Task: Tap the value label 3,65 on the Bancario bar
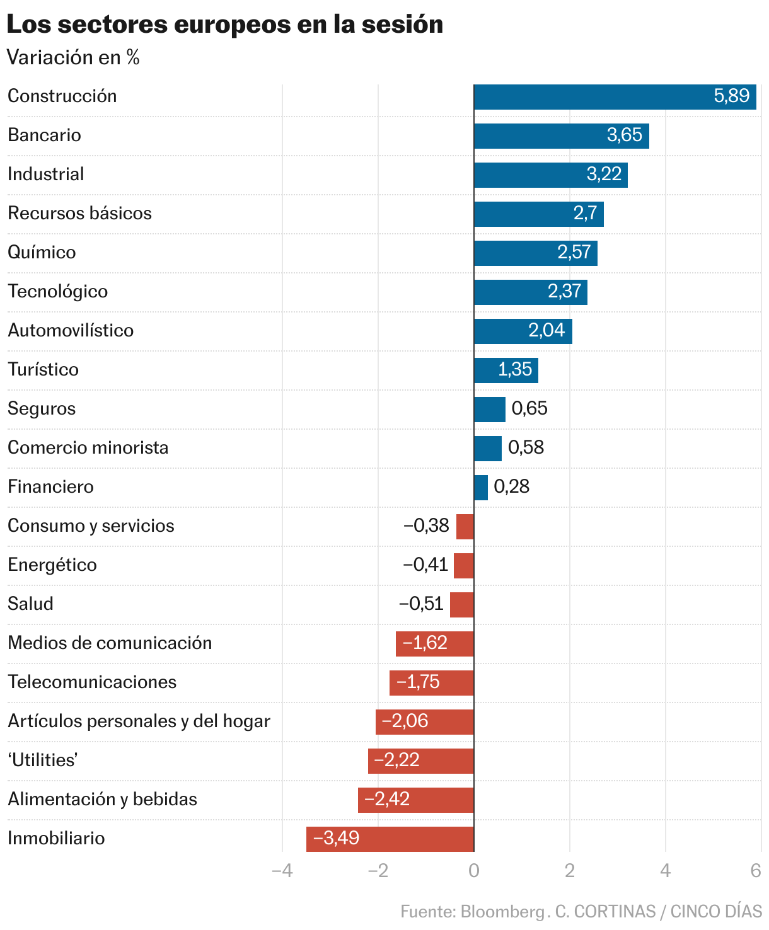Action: [624, 135]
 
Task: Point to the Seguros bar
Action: [490, 410]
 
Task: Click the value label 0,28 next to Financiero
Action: [511, 486]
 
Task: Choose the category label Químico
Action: [42, 253]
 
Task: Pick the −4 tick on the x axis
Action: [282, 871]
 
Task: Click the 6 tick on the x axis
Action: [756, 871]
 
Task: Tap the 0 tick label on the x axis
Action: [474, 871]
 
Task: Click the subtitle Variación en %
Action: [73, 58]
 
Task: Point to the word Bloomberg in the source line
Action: [502, 912]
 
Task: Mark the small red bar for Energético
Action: [464, 566]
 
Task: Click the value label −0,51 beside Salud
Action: [421, 604]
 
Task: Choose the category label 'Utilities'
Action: [43, 761]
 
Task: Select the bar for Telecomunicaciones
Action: [432, 683]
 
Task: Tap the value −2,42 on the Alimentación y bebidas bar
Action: [387, 800]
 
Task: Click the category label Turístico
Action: [43, 370]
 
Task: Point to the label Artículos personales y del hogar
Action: [139, 721]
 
